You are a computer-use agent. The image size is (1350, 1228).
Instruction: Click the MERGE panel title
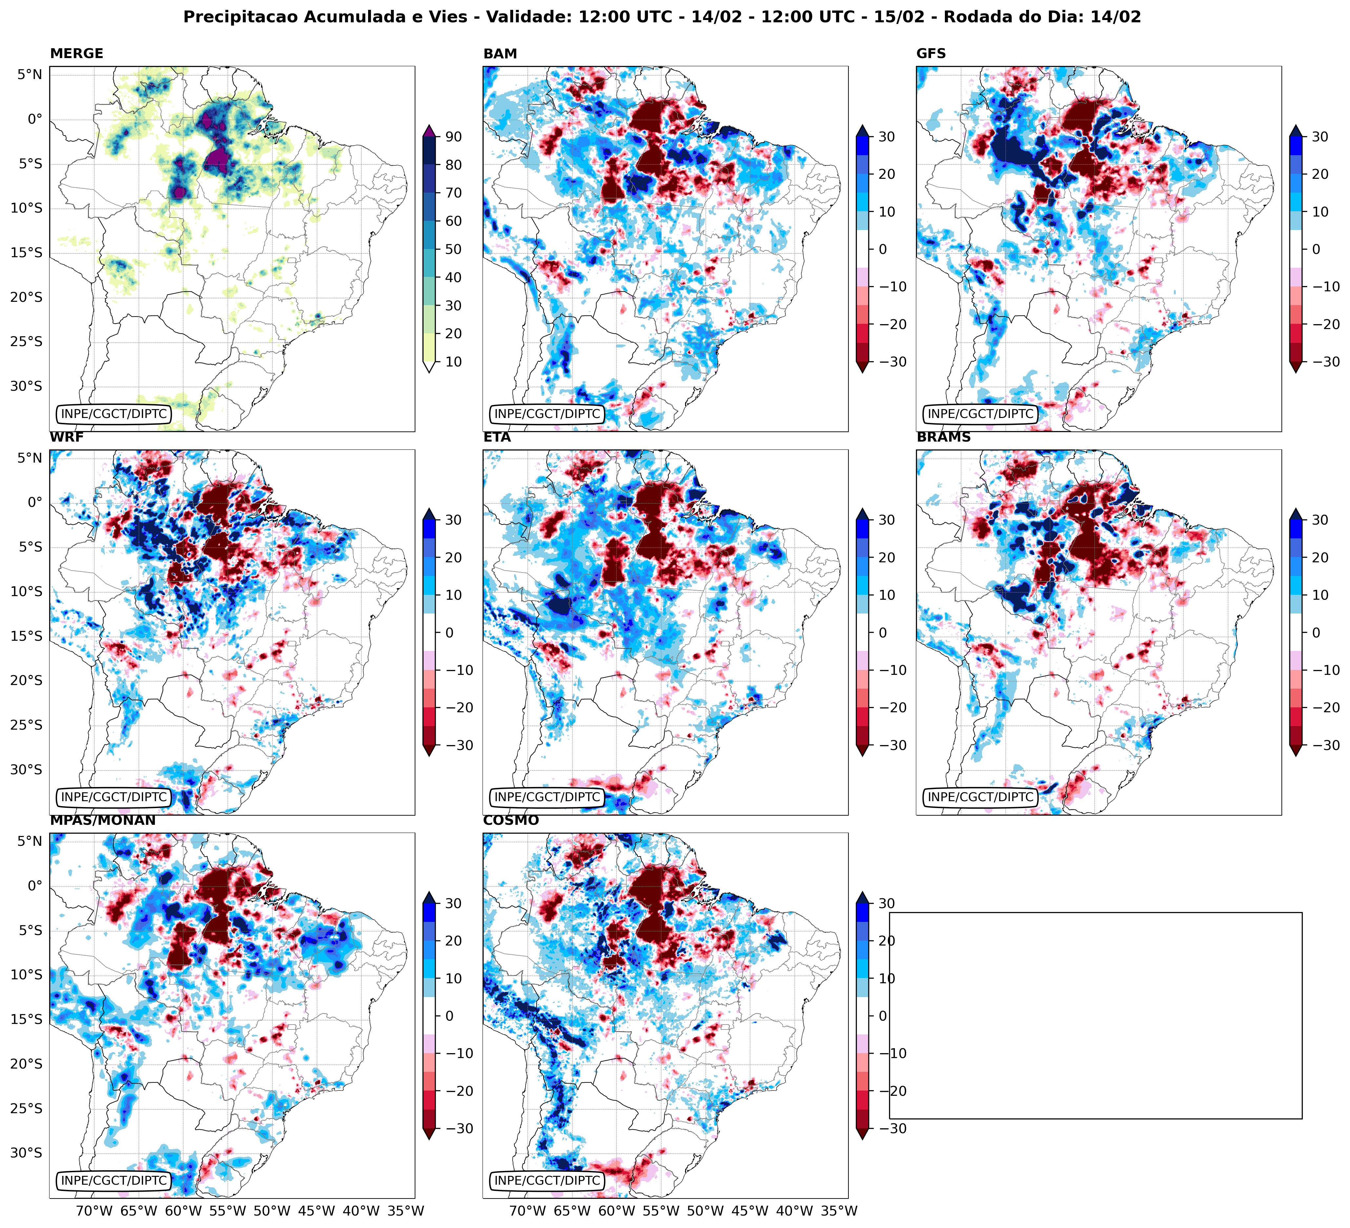pos(76,53)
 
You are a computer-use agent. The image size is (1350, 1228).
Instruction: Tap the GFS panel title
pos(931,53)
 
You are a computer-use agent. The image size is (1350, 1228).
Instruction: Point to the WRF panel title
pos(66,437)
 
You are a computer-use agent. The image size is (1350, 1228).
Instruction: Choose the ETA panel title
pos(497,437)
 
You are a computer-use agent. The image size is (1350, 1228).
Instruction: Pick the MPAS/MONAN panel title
pos(102,820)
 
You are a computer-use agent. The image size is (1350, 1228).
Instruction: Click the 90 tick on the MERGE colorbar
pos(453,136)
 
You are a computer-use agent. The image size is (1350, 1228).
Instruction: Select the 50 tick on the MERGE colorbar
pos(453,249)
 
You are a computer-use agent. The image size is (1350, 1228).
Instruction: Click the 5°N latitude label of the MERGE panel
pos(30,74)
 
